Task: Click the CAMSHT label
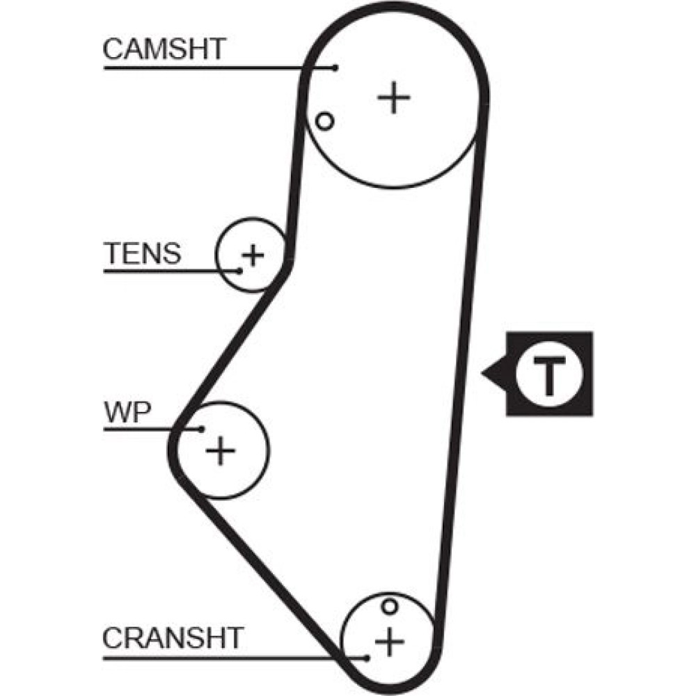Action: pos(164,49)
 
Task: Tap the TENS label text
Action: pos(142,254)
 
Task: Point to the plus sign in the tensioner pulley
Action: pos(253,255)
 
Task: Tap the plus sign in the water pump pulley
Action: pos(221,452)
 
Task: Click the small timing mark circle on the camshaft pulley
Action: pos(324,121)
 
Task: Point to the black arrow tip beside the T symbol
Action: pos(484,374)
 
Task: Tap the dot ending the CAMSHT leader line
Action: pos(335,68)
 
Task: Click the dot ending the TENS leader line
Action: pos(240,270)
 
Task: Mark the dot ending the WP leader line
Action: pos(202,429)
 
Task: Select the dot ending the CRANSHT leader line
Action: pos(366,656)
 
